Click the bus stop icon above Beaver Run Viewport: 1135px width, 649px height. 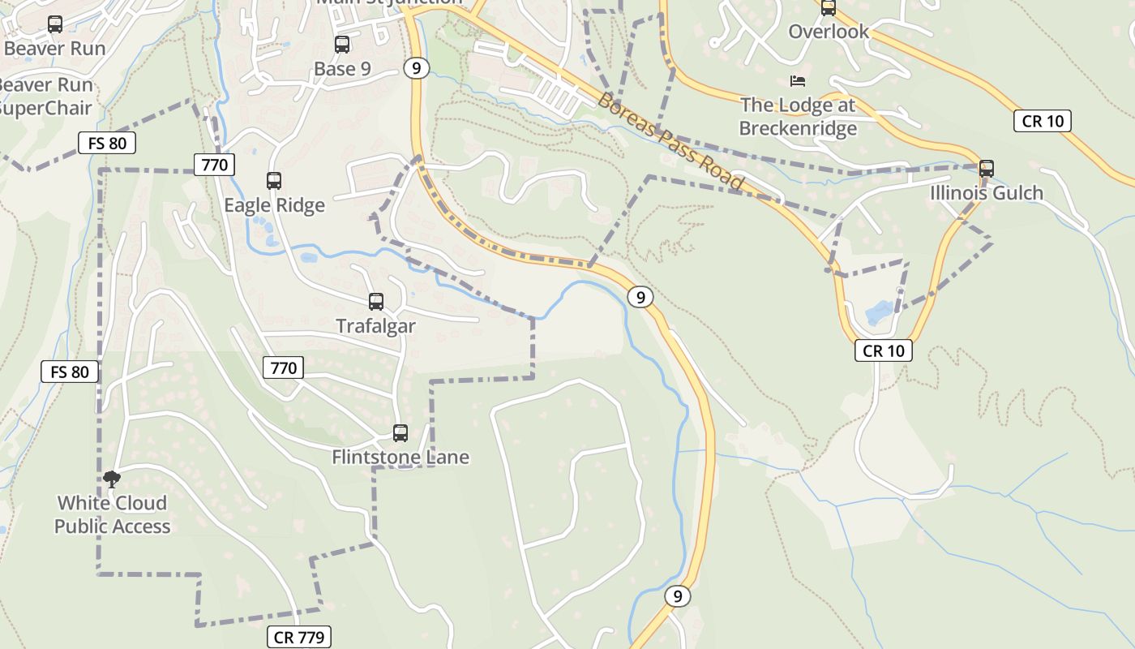tap(55, 24)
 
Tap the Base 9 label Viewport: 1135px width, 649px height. tap(342, 69)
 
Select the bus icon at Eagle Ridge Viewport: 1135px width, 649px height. tap(274, 180)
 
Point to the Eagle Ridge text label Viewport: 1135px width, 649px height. tap(274, 205)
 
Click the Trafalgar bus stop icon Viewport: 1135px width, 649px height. tap(376, 302)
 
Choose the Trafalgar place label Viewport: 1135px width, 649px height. tap(376, 326)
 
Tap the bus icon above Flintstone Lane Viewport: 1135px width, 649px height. tap(400, 433)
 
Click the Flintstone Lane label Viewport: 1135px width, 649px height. tap(400, 458)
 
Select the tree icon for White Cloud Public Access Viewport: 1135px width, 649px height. tap(112, 479)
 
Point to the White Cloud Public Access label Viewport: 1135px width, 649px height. tap(112, 514)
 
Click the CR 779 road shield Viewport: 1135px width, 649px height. tap(299, 637)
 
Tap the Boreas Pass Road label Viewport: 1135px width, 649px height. tap(670, 141)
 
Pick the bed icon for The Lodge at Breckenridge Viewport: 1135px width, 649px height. tap(798, 81)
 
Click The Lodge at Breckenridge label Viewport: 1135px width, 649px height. tap(798, 117)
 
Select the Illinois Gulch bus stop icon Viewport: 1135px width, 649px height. tap(987, 169)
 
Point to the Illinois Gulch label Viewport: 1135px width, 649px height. tap(987, 193)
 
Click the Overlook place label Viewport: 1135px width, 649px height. tap(829, 32)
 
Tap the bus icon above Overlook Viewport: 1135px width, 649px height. tap(829, 8)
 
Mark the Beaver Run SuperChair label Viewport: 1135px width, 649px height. tap(45, 97)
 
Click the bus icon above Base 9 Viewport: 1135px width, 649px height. tap(342, 45)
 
